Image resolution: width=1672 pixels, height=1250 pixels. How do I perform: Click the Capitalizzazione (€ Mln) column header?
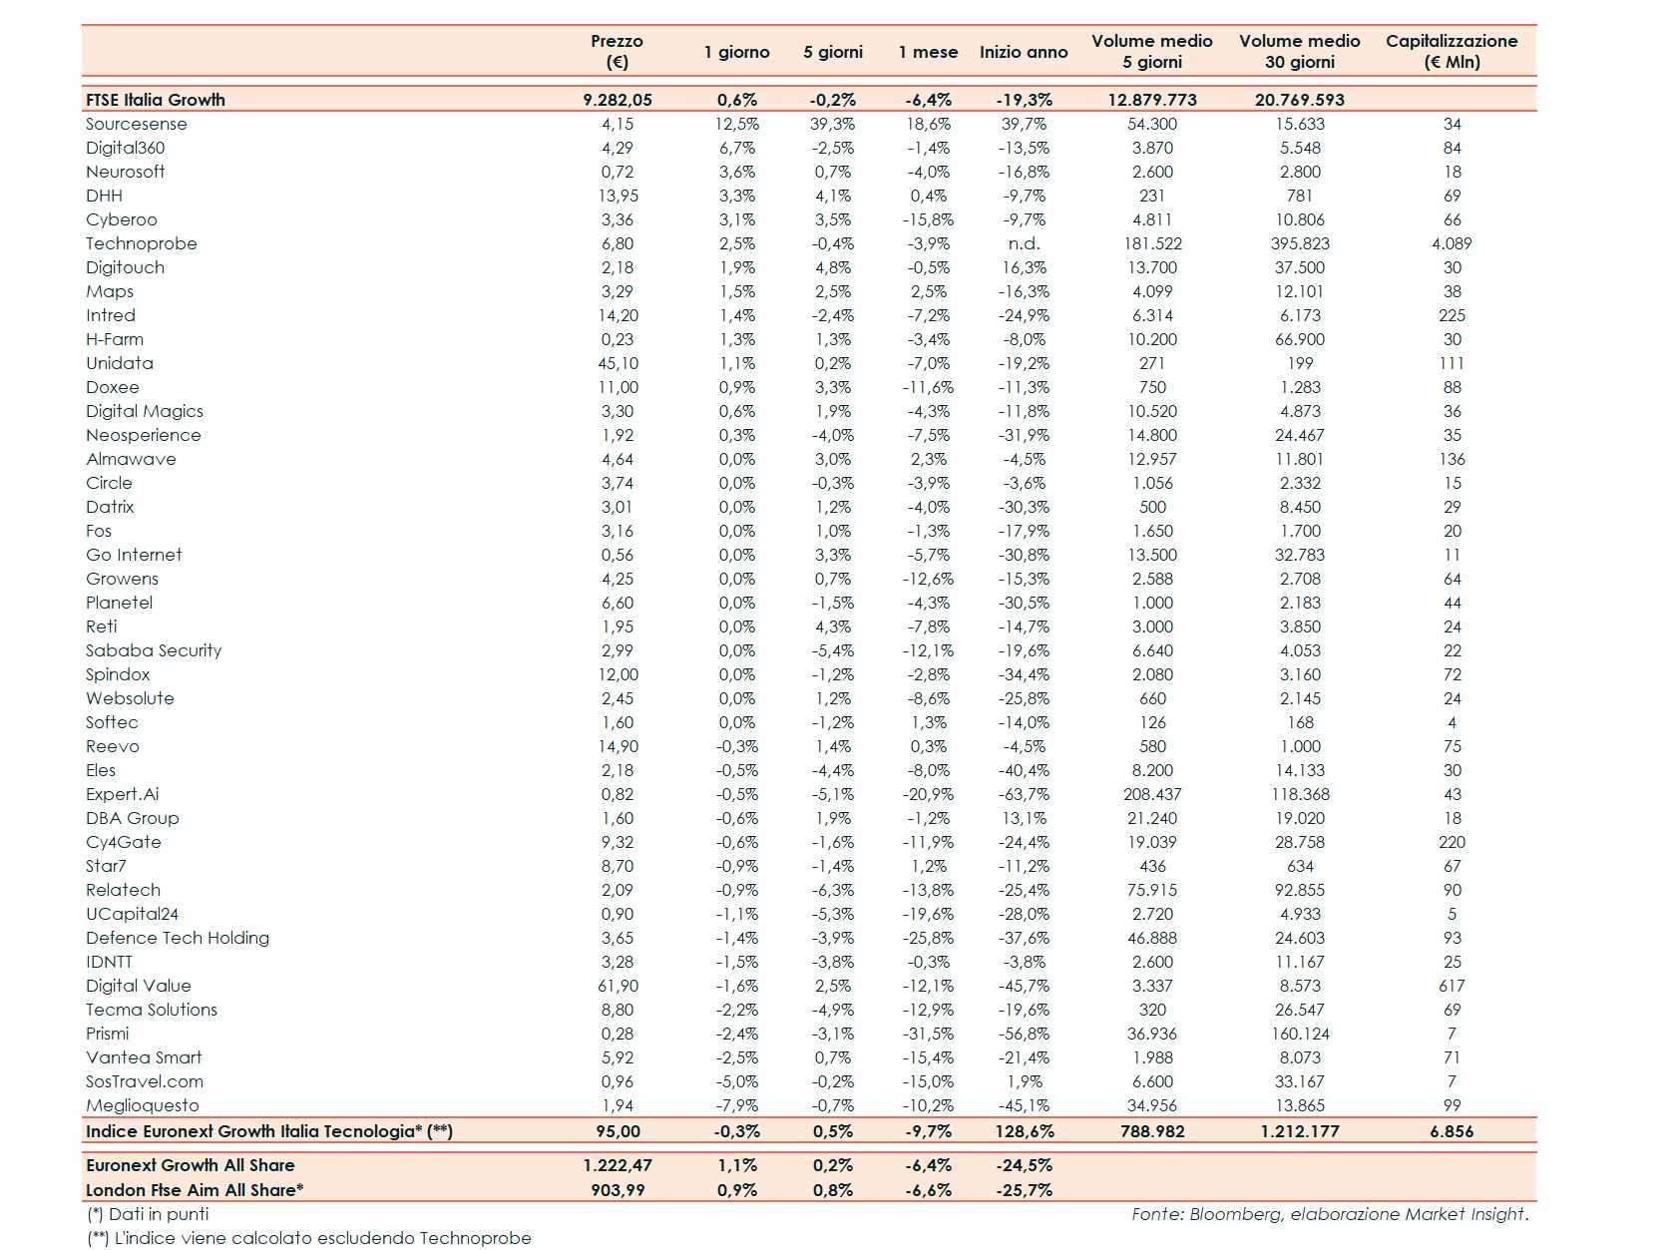(x=1451, y=51)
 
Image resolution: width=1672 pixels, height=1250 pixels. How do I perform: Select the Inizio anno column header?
(x=1023, y=52)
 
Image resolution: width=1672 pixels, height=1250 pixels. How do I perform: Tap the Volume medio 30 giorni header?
(x=1299, y=51)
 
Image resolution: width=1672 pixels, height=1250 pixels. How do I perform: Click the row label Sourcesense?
(x=137, y=124)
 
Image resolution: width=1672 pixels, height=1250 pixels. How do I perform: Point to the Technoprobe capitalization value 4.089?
(x=1451, y=243)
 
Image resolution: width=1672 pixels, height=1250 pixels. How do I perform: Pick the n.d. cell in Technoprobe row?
(x=1024, y=243)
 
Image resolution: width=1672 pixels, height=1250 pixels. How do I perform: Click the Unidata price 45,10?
(x=618, y=363)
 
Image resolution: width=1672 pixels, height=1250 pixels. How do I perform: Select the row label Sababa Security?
(x=154, y=650)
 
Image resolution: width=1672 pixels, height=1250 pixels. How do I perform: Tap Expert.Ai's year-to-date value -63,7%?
(x=1024, y=794)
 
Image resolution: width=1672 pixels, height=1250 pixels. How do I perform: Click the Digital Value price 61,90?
(x=618, y=986)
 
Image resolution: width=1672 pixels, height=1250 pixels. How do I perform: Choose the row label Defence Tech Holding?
(x=178, y=938)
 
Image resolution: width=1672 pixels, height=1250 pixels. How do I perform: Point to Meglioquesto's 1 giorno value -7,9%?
(x=737, y=1105)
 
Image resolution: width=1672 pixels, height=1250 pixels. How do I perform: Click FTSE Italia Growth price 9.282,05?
(x=618, y=100)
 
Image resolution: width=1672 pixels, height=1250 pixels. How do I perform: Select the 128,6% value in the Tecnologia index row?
(x=1024, y=1131)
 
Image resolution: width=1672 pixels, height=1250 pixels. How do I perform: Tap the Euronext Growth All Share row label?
(x=191, y=1165)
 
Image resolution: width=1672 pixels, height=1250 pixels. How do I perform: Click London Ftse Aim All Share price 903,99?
(x=618, y=1190)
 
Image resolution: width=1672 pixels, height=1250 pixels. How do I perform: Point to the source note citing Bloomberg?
(x=1329, y=1214)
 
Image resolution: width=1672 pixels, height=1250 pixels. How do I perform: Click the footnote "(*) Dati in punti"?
(x=148, y=1214)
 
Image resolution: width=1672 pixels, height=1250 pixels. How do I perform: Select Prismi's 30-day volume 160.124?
(x=1299, y=1034)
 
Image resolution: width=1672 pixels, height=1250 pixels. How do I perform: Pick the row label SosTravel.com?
(x=145, y=1081)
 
